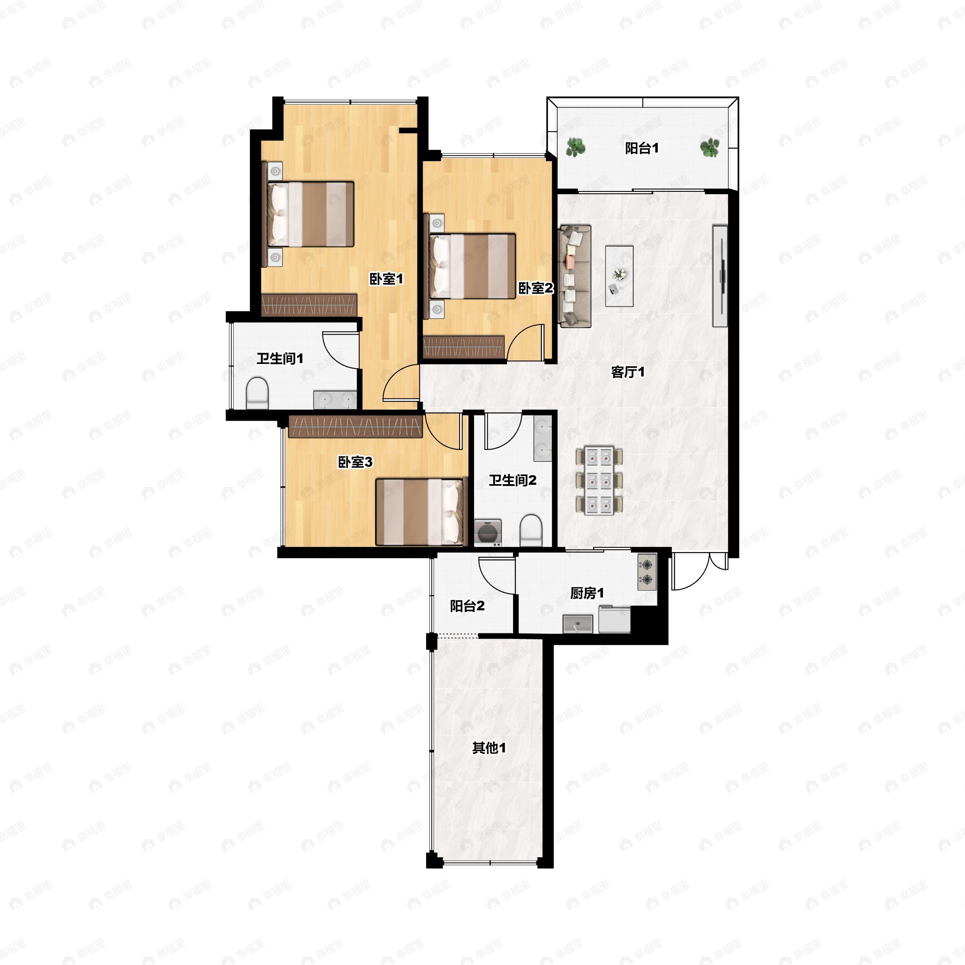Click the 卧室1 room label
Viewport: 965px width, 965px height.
point(386,279)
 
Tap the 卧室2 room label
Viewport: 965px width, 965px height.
point(536,288)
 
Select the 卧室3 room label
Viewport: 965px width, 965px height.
point(355,462)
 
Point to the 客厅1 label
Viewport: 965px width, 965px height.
point(628,372)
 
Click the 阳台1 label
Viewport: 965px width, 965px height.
point(642,148)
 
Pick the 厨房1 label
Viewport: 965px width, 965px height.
point(587,593)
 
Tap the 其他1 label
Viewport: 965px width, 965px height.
point(489,748)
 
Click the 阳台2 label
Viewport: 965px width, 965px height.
point(467,606)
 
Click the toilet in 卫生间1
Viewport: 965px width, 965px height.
point(257,393)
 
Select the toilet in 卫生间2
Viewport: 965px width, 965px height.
point(530,532)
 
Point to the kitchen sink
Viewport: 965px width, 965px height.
point(578,624)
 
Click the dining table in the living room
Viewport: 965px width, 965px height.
point(599,480)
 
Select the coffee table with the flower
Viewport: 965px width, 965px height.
point(619,276)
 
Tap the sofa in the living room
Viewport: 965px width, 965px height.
point(575,276)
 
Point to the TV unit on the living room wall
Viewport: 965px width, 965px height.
point(720,276)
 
